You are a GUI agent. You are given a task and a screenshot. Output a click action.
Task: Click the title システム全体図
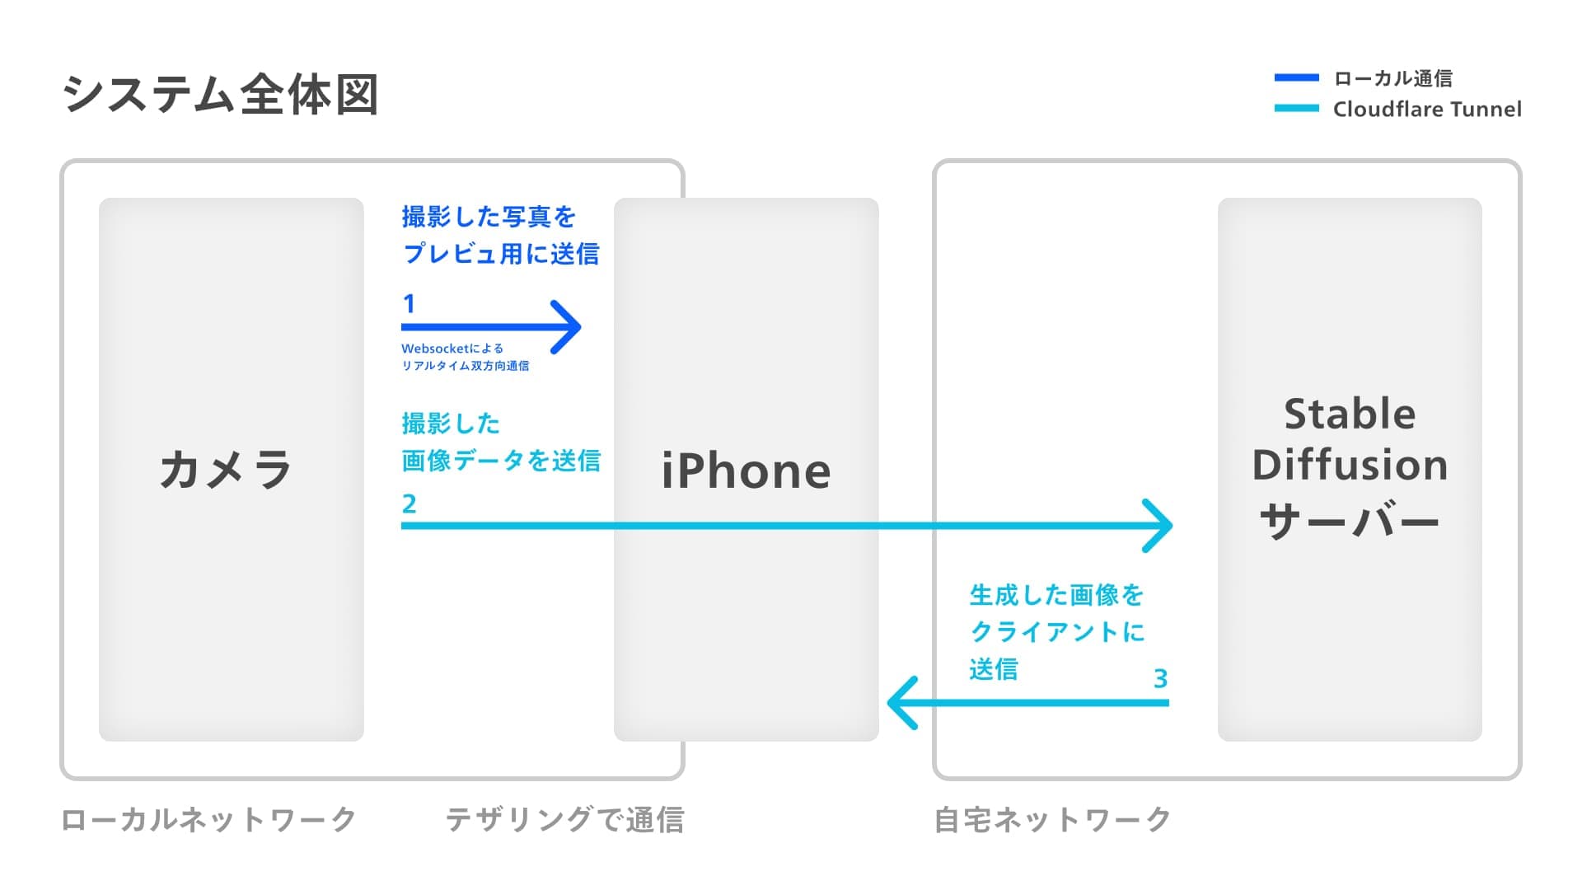220,95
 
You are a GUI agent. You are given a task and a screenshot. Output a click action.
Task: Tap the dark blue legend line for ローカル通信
1296,78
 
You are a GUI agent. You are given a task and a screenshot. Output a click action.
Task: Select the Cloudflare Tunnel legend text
1427,109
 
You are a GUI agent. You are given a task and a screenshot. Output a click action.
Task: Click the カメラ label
226,470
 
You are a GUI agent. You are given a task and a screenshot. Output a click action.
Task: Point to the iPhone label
746,471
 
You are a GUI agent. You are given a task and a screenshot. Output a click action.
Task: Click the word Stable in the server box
1350,414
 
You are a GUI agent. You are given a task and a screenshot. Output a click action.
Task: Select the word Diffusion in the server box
1350,465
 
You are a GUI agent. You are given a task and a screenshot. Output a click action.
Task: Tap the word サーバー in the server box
1350,521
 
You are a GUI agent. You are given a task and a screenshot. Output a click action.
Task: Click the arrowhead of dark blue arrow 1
569,327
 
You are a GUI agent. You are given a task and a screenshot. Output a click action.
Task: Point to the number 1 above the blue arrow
409,303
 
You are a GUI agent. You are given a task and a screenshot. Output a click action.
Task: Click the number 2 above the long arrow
409,503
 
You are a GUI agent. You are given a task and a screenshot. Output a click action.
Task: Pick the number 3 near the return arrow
1160,678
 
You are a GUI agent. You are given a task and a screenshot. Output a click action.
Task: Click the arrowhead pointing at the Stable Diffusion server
1160,525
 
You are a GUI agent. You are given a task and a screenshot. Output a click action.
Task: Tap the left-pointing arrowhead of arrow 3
901,703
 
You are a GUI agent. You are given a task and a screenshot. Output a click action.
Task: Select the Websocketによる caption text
452,349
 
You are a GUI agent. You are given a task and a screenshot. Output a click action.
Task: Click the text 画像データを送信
501,460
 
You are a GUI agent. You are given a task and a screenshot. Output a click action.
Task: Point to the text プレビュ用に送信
501,253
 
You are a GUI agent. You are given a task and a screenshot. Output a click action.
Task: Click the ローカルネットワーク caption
208,819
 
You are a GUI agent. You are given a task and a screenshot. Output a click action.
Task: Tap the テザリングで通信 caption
564,819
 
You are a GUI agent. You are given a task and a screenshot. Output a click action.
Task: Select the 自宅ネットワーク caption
1052,819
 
